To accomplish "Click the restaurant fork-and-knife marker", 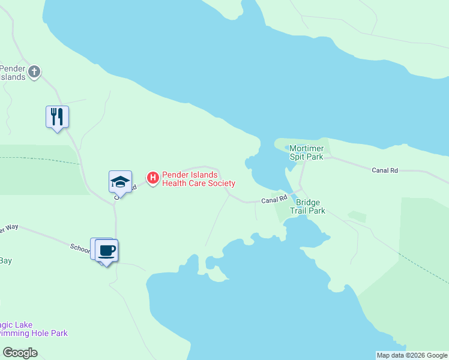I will (x=58, y=116).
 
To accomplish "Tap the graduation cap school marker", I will (x=120, y=182).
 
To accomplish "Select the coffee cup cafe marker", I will (x=107, y=250).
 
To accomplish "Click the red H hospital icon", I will (x=153, y=178).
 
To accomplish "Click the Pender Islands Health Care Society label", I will (x=198, y=179).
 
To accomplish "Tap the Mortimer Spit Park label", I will (x=306, y=152).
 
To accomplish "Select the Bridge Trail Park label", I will (x=307, y=206).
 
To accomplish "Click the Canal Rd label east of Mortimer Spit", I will (x=385, y=170).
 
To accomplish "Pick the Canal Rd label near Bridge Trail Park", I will (x=274, y=200).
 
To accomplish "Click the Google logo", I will (x=20, y=353).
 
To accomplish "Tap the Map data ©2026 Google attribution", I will (x=412, y=355).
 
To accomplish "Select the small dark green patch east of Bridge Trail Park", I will (x=357, y=216).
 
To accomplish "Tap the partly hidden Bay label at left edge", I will (x=5, y=260).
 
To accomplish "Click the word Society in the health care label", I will (x=220, y=183).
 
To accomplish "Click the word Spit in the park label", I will (x=298, y=157).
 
